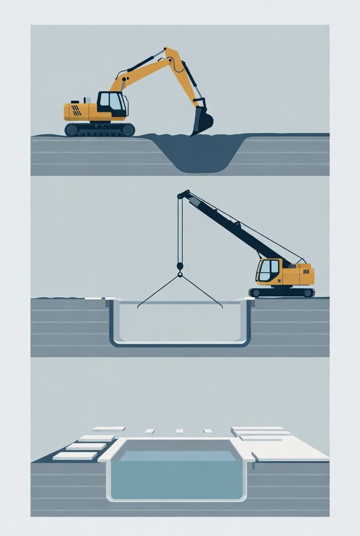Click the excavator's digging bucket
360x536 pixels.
(202, 121)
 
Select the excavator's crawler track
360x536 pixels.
(100, 129)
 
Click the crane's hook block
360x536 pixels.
(180, 267)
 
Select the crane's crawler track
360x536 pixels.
(282, 292)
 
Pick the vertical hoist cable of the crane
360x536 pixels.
(180, 229)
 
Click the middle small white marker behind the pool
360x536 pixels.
(179, 431)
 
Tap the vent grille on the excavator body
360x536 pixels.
(76, 110)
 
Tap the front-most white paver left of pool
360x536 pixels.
(75, 456)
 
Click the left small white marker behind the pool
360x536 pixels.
(150, 431)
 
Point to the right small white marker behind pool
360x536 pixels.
(208, 431)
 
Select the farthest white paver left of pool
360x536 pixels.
(108, 429)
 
